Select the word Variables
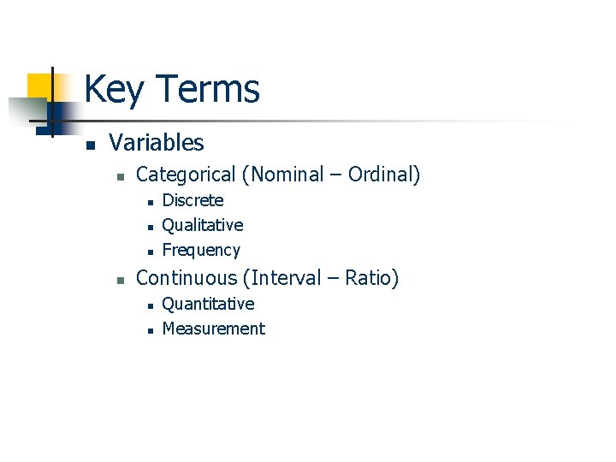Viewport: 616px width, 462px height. click(157, 143)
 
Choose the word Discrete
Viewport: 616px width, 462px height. click(192, 201)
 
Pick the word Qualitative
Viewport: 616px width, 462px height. click(203, 226)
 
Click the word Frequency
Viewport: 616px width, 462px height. click(201, 251)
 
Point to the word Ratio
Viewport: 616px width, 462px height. click(370, 278)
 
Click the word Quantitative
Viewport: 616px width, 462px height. click(208, 305)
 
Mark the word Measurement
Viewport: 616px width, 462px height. click(213, 329)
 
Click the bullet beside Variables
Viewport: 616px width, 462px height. click(90, 145)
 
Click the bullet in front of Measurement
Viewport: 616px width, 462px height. click(149, 330)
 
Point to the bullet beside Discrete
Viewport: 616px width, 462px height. click(149, 202)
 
